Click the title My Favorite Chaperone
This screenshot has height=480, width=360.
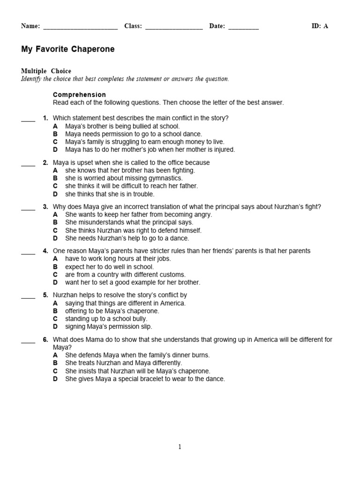[67, 49]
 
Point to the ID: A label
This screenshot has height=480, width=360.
[320, 26]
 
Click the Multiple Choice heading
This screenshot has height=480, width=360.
[46, 71]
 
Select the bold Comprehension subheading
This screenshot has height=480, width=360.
[79, 95]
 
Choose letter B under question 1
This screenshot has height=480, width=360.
[55, 134]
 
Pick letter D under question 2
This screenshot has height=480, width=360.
[55, 194]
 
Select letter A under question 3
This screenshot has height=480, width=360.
[55, 215]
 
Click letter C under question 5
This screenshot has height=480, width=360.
[55, 319]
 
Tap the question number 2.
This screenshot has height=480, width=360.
[45, 163]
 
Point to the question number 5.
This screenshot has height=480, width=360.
[45, 295]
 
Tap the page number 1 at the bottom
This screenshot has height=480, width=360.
[180, 447]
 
